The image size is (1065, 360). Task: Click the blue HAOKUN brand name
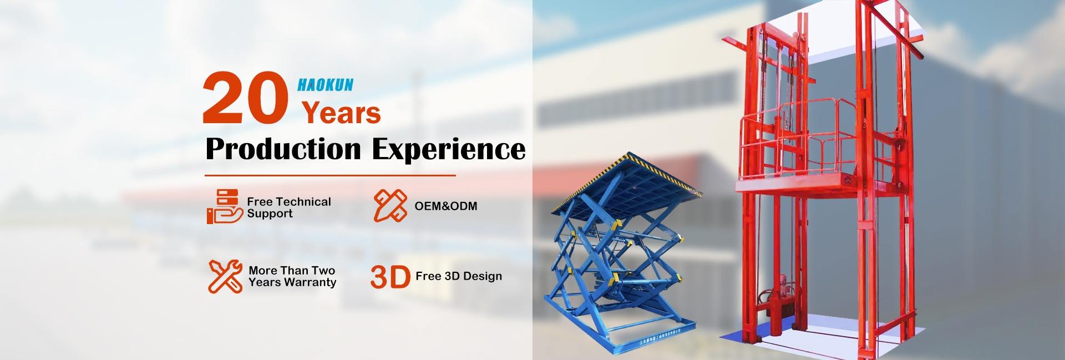click(325, 85)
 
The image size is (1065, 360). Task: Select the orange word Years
click(341, 113)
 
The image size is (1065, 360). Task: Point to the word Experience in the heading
click(448, 149)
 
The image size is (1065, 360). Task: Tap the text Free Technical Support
click(289, 207)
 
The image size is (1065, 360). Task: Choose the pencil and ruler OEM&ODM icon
click(390, 205)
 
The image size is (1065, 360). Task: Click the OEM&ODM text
click(446, 206)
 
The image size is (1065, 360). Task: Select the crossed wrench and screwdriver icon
click(225, 276)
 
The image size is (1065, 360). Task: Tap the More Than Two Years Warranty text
click(292, 276)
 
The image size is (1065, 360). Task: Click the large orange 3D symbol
click(390, 277)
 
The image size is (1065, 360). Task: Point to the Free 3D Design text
click(459, 276)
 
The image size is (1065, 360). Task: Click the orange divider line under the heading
click(330, 175)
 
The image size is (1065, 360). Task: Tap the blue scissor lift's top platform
click(627, 183)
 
